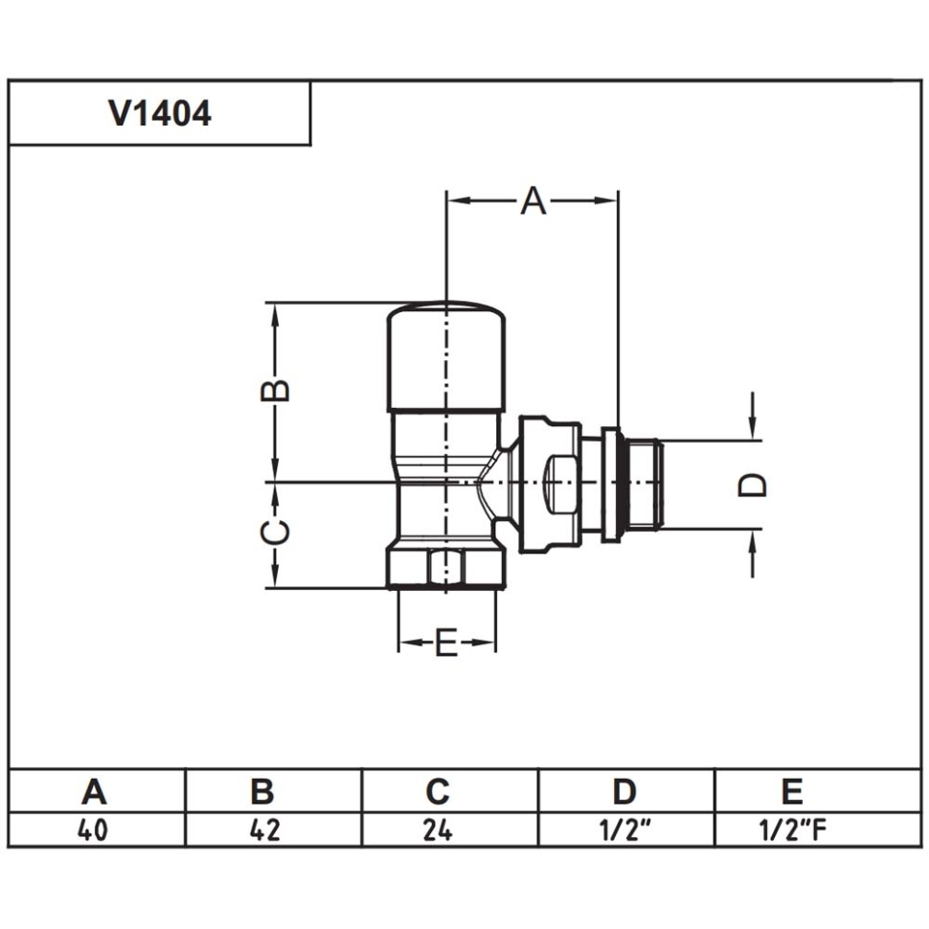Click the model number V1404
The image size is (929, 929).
tap(160, 114)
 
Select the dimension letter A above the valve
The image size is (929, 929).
tap(533, 201)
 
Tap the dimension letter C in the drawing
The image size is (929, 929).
tap(276, 532)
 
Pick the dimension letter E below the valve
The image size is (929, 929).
tap(446, 645)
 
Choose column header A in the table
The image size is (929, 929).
tap(94, 792)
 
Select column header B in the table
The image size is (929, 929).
tap(262, 792)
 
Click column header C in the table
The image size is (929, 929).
tap(438, 792)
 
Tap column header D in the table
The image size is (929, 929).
tap(624, 792)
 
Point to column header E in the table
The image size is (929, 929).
tap(791, 792)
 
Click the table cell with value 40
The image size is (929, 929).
tap(93, 829)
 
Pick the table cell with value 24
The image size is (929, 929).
tap(438, 829)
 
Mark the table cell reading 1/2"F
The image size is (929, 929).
tap(791, 829)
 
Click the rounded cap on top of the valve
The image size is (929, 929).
tap(446, 354)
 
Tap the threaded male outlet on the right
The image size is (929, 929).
tap(644, 485)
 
